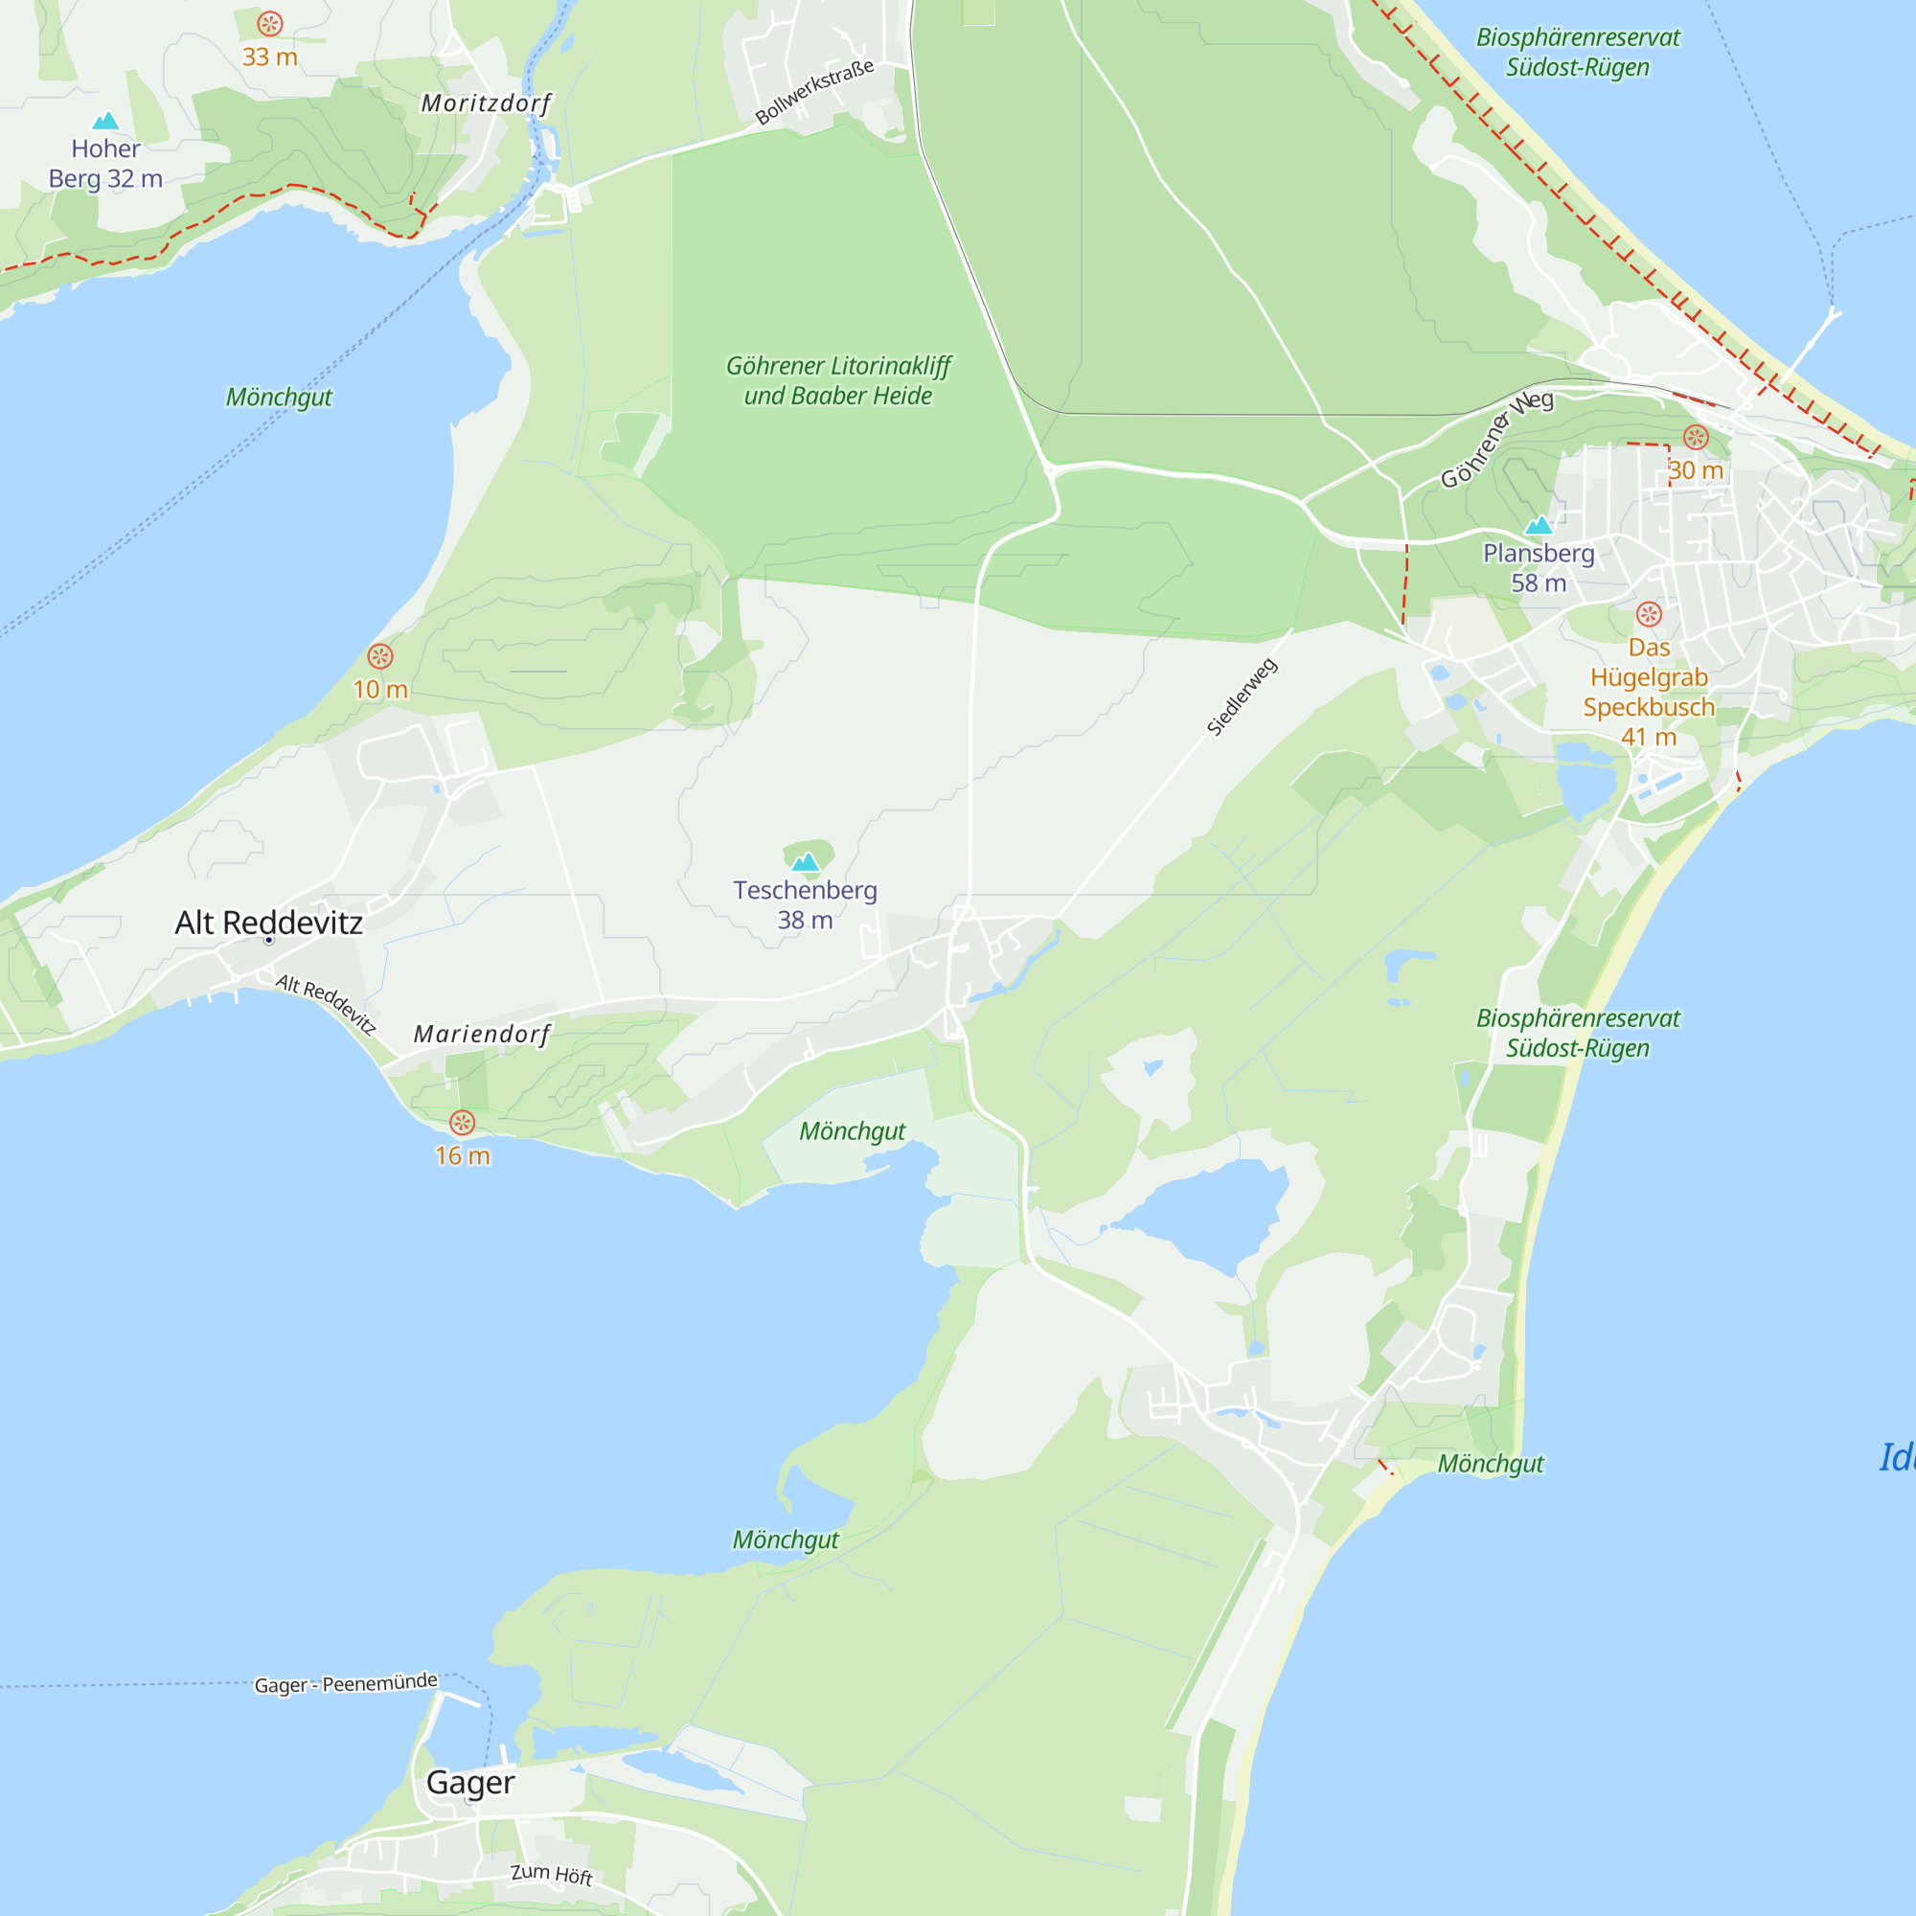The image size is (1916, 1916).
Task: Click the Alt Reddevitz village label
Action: point(269,924)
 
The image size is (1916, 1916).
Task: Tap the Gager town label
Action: point(470,1782)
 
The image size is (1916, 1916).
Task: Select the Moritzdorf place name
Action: point(486,103)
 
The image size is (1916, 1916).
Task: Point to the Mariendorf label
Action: point(482,1035)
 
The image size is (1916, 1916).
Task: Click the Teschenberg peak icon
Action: point(807,861)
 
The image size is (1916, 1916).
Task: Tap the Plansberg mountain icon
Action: point(1539,525)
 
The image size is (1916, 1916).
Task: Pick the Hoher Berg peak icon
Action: point(105,121)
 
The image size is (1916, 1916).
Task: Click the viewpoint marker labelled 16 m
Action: point(462,1123)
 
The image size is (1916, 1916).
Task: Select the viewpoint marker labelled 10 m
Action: point(379,656)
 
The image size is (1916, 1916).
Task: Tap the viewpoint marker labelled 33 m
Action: point(270,24)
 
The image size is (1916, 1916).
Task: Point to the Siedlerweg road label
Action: point(1242,697)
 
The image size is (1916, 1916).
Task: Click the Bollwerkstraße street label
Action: point(814,91)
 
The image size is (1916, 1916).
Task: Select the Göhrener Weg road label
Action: point(1496,439)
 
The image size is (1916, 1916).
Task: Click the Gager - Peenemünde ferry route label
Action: point(346,1684)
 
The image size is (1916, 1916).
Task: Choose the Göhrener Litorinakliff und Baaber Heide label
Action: point(838,381)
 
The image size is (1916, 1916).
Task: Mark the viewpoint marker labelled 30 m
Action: point(1696,438)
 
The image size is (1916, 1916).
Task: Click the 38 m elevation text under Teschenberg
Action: point(806,921)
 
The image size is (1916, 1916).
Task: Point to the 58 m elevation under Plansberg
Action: point(1539,583)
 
